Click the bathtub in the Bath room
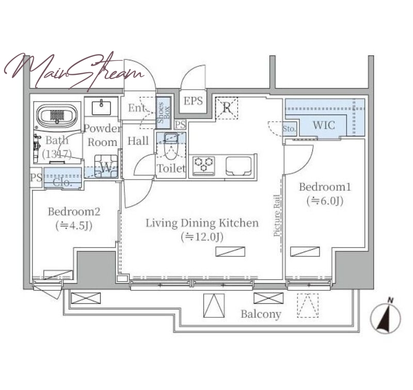[57, 116]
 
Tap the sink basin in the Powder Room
[101, 107]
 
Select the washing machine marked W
[106, 166]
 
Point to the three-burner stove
[204, 165]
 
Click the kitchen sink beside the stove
[239, 166]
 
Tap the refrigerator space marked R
[227, 108]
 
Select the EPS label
[193, 101]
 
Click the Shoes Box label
[164, 112]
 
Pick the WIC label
[324, 125]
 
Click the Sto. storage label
[289, 129]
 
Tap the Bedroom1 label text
[325, 187]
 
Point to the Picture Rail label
[276, 215]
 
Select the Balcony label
[261, 314]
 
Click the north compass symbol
[385, 316]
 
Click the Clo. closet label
[62, 182]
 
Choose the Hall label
[138, 141]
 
